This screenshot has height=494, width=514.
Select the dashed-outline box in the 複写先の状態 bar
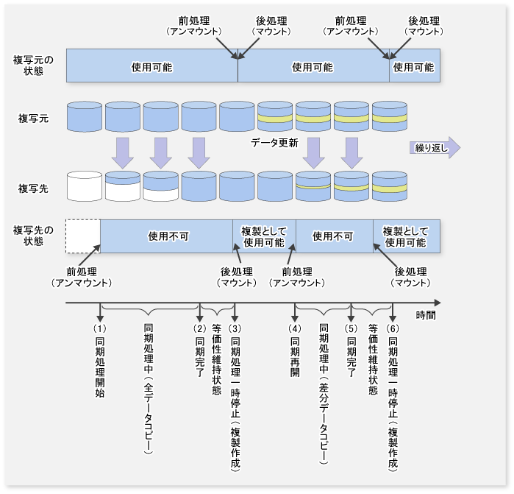82,236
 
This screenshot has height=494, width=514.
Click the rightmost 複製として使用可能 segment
404,236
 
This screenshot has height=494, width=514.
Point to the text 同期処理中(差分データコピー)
324,394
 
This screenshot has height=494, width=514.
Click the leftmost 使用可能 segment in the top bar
151,66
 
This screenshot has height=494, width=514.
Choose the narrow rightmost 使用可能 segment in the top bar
414,66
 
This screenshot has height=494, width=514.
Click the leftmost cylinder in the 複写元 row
83,116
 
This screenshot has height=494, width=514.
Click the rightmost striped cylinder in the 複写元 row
389,116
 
